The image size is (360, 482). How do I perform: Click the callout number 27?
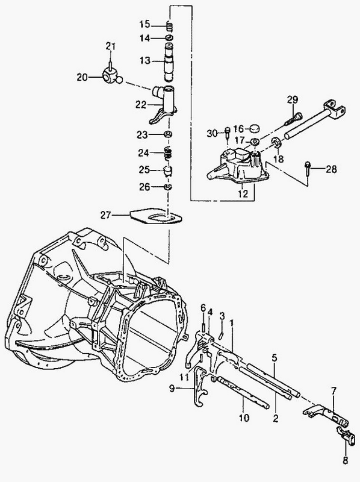click(105, 215)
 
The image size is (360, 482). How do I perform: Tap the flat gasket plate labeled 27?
click(155, 216)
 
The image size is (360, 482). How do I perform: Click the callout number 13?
click(144, 61)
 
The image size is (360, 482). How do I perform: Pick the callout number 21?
click(110, 47)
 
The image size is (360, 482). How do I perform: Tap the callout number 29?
click(293, 100)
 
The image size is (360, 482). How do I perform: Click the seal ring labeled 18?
click(277, 143)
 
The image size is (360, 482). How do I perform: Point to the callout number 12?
click(243, 193)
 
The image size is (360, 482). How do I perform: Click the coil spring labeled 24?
click(167, 153)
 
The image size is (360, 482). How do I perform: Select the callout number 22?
click(141, 105)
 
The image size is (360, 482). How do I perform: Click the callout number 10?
click(245, 418)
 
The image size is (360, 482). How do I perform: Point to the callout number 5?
click(275, 357)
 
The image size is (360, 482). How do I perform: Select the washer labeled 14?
click(169, 38)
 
